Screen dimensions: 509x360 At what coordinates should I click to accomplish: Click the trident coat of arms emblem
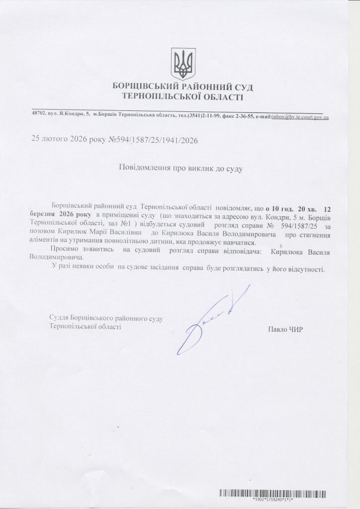(183, 64)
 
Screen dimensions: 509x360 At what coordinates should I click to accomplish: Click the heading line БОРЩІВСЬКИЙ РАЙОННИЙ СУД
(183, 87)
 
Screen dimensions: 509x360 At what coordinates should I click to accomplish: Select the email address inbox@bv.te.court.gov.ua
(300, 117)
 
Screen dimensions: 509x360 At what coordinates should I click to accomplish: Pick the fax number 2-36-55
(244, 116)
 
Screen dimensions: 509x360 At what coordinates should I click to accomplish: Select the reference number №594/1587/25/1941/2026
(153, 141)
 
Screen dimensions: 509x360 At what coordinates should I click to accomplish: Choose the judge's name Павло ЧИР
(285, 329)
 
